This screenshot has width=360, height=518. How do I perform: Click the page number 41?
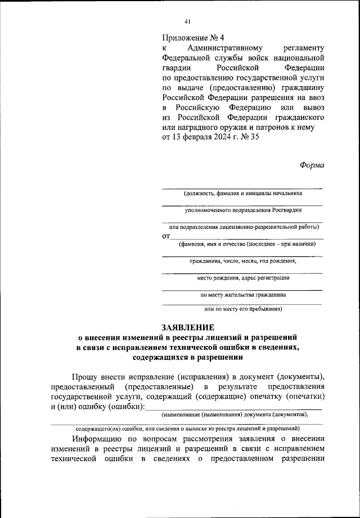[187, 21]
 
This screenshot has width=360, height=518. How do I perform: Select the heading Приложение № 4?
[193, 38]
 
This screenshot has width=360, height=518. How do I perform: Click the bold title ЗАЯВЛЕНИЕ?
[188, 327]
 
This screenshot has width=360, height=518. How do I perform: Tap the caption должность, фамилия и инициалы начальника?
[242, 193]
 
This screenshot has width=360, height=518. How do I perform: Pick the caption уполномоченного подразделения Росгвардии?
[242, 210]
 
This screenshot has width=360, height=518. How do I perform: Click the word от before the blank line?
[166, 236]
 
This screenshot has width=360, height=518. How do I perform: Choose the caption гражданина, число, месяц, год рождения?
[242, 261]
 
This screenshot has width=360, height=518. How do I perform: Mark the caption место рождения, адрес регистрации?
[242, 278]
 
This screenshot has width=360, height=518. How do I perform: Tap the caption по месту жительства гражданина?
[242, 294]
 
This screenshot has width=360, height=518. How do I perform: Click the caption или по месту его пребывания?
[242, 309]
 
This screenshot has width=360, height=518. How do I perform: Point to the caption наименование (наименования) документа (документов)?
[235, 415]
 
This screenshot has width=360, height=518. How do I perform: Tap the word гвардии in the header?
[175, 67]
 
